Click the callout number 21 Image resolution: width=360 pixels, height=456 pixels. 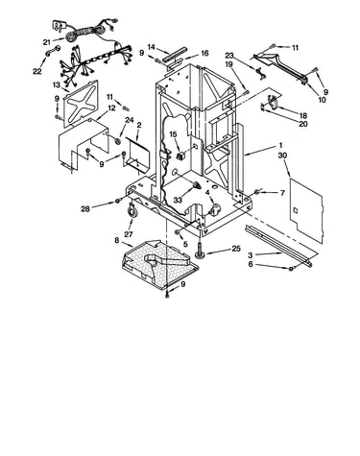(47, 42)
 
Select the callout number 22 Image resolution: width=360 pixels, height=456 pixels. (37, 71)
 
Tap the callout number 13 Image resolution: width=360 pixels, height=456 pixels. (57, 85)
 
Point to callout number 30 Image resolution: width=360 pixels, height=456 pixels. (282, 156)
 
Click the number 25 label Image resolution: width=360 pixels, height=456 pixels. (236, 249)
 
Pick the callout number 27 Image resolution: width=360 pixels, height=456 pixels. (129, 234)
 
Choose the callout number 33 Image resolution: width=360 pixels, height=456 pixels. (178, 200)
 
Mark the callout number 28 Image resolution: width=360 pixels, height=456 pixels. (85, 209)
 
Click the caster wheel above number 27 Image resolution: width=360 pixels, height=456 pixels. (132, 212)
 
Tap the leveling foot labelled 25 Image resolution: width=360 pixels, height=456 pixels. (201, 251)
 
